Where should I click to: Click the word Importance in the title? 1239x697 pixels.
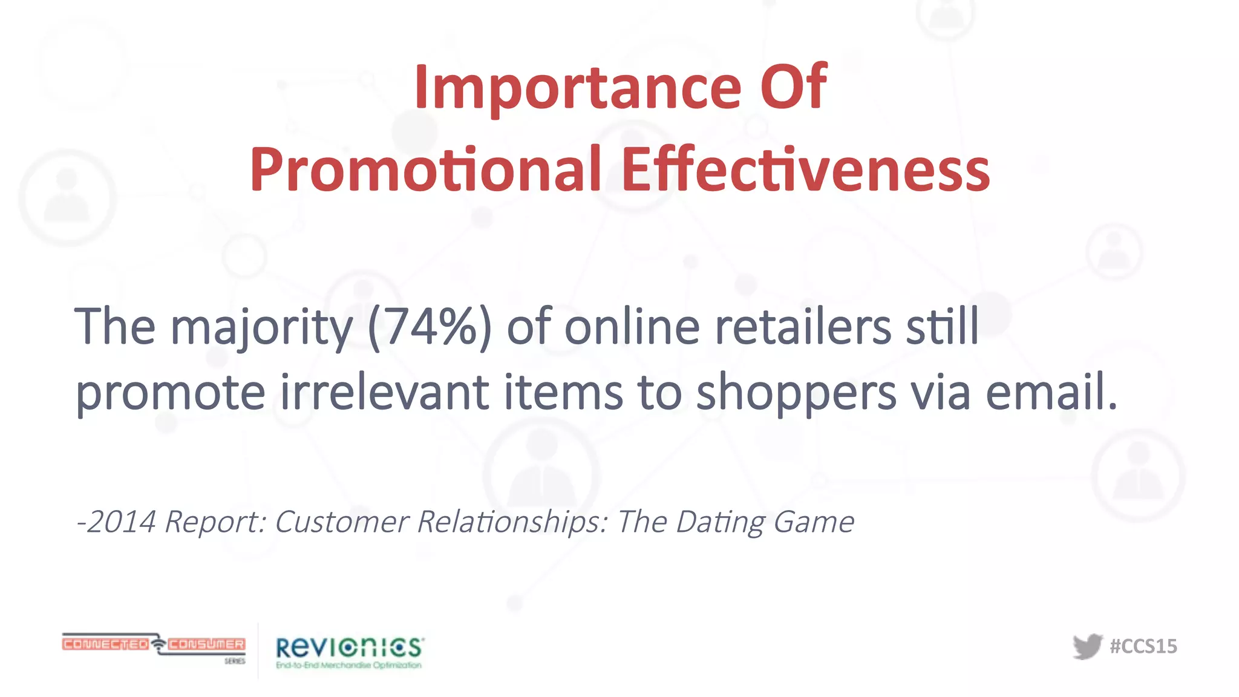pyautogui.click(x=578, y=88)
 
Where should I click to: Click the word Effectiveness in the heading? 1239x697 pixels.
pyautogui.click(x=805, y=170)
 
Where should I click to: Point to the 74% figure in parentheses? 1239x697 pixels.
pyautogui.click(x=430, y=327)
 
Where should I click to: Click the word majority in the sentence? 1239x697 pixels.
pyautogui.click(x=261, y=327)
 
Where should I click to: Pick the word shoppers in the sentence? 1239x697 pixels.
pyautogui.click(x=796, y=394)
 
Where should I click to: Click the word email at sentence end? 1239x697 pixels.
pyautogui.click(x=1050, y=393)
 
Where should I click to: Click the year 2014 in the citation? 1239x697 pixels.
pyautogui.click(x=122, y=522)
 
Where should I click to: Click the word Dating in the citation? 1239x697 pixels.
pyautogui.click(x=721, y=522)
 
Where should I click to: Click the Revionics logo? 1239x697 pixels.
pyautogui.click(x=350, y=652)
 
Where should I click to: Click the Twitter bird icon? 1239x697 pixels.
pyautogui.click(x=1087, y=646)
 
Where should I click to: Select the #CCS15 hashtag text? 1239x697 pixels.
pyautogui.click(x=1143, y=646)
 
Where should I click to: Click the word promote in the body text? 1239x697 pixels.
pyautogui.click(x=171, y=394)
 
